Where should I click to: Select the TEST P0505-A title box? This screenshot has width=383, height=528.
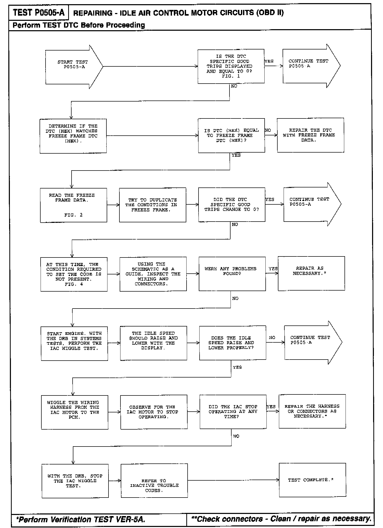(x=39, y=12)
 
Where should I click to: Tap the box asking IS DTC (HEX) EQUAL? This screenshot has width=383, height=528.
(x=231, y=135)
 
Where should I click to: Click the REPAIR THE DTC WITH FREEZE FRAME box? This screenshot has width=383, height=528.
(x=310, y=135)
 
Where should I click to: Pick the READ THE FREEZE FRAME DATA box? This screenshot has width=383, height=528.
(x=73, y=205)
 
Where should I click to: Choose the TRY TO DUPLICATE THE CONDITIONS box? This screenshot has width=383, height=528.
(x=152, y=205)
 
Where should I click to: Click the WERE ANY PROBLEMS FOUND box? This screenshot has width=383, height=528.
(x=232, y=274)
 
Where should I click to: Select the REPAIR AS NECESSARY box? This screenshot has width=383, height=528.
(x=311, y=273)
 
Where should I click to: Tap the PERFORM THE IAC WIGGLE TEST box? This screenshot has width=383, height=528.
(x=74, y=343)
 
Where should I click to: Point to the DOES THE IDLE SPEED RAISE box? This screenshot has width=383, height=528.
(x=233, y=343)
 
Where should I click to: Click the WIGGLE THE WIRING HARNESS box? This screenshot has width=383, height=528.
(x=75, y=412)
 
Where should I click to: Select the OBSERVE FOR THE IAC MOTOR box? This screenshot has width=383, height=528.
(x=154, y=412)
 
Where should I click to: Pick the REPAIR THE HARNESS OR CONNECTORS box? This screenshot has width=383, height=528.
(x=312, y=411)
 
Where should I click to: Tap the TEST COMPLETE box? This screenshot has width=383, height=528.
(x=312, y=480)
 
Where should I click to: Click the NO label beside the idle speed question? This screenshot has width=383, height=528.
(x=272, y=338)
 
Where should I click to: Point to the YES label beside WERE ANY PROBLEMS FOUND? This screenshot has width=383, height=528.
(x=273, y=269)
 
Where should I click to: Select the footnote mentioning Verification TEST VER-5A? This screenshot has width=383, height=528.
(x=81, y=519)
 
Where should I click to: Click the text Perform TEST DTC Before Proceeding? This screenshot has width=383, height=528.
(x=79, y=25)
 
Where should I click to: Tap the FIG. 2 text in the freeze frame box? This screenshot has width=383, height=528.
(x=73, y=215)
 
